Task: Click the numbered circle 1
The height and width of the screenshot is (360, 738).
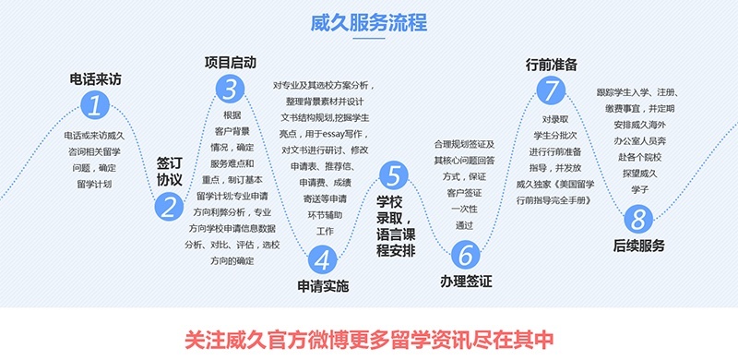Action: click(93, 104)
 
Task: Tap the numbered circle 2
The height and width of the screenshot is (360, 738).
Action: click(169, 208)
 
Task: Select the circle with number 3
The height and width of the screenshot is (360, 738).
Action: click(230, 89)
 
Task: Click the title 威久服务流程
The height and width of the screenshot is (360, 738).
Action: click(368, 23)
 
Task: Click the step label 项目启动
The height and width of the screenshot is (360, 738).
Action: click(231, 62)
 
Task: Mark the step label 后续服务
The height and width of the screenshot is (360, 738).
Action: click(638, 246)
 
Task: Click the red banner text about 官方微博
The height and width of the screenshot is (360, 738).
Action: click(369, 336)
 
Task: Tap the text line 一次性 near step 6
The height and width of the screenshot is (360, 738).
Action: click(464, 209)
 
